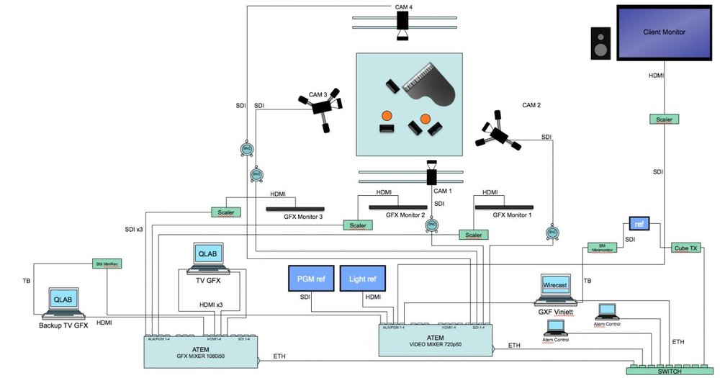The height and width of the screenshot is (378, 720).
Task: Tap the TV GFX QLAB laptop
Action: (209, 258)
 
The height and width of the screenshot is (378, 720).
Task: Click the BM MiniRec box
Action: (106, 264)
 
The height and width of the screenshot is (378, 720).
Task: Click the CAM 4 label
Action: (404, 7)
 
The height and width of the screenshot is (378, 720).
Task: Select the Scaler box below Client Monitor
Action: (665, 120)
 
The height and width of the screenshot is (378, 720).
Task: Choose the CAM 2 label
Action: (531, 105)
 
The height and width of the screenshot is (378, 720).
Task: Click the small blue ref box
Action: (639, 223)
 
